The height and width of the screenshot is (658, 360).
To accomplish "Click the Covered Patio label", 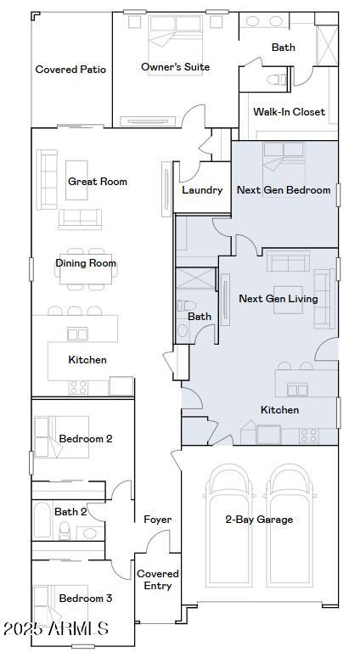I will click(x=70, y=70).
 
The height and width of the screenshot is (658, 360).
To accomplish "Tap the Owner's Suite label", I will click(x=175, y=67).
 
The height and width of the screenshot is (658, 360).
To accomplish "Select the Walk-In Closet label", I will click(x=289, y=111).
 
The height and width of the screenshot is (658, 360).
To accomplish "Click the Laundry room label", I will click(x=202, y=190).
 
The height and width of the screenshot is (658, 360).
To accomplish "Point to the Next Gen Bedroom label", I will click(x=284, y=190).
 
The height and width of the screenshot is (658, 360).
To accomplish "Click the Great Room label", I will click(x=98, y=182).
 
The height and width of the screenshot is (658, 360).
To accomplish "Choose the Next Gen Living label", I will click(x=278, y=299).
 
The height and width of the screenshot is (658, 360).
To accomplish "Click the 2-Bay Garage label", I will click(x=259, y=520).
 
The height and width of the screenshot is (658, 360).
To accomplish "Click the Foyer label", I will click(x=157, y=520).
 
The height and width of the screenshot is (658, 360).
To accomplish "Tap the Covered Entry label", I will click(x=158, y=580).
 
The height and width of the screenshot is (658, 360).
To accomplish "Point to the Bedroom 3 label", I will click(x=85, y=599).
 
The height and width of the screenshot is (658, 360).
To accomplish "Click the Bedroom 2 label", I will click(x=85, y=439).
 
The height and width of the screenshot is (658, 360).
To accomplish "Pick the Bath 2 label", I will click(x=70, y=512).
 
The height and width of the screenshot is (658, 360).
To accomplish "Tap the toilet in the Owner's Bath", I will click(x=274, y=79).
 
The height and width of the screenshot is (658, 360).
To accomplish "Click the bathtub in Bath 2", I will click(x=42, y=520).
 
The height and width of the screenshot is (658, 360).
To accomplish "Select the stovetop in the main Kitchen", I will click(x=78, y=386).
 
